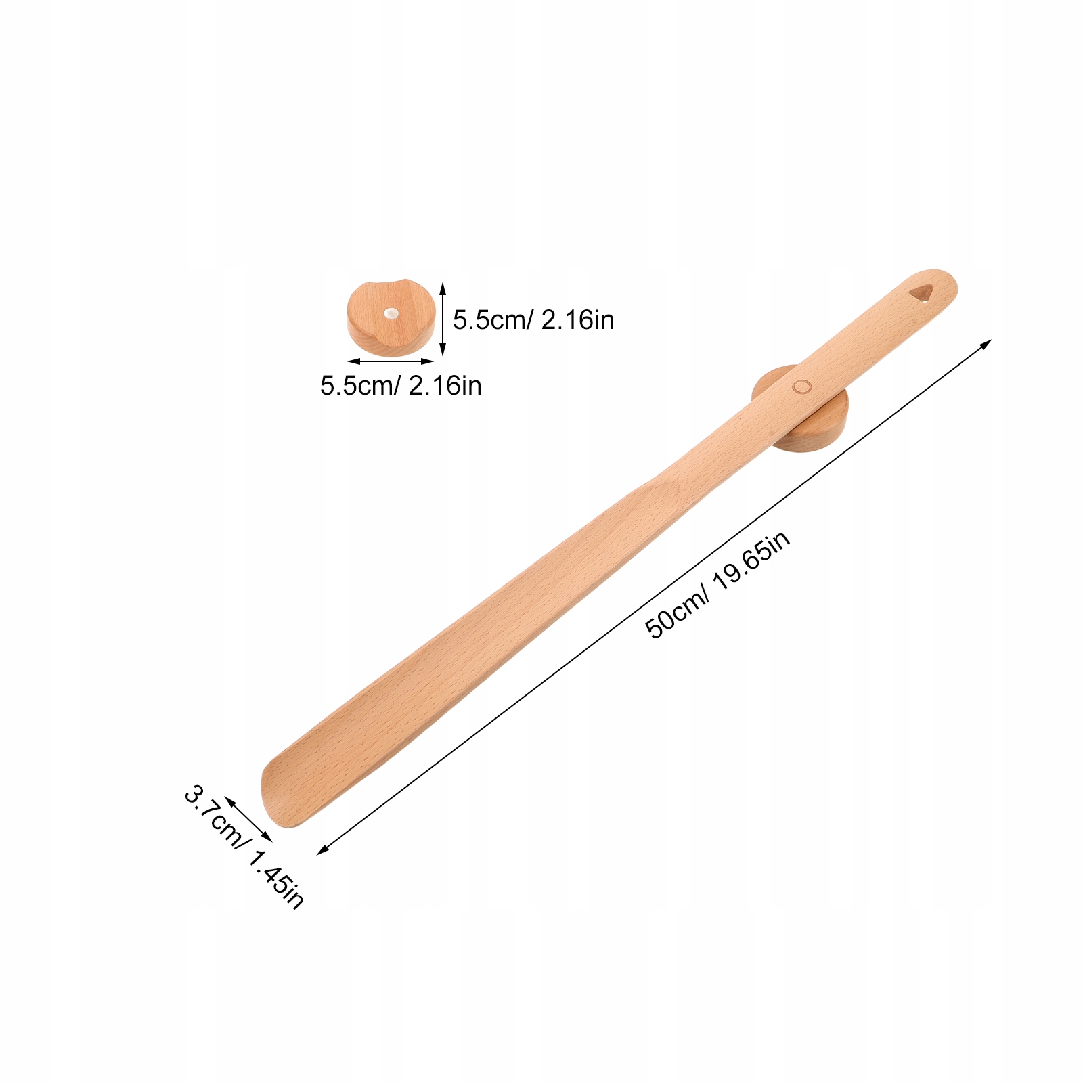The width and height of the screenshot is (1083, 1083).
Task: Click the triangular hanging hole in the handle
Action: [921, 292]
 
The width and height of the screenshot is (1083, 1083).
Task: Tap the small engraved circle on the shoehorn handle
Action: [801, 386]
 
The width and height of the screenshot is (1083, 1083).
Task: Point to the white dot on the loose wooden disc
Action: [391, 313]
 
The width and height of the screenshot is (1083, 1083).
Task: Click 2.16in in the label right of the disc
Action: [577, 320]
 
